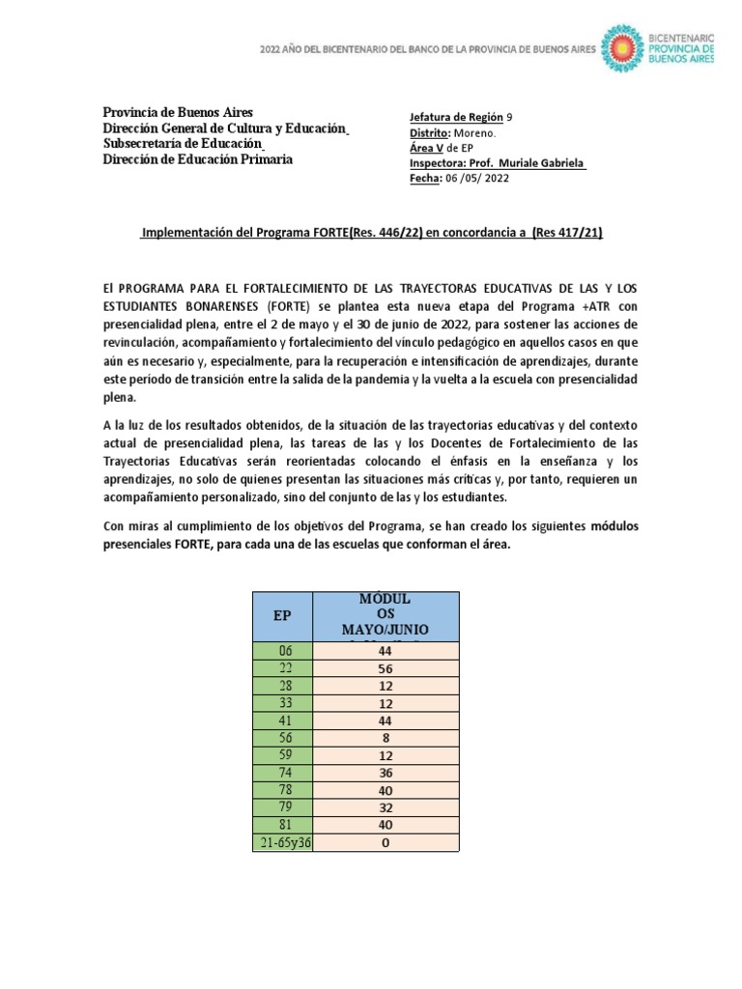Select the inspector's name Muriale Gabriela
pos(547,162)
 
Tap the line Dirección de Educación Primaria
pos(198,159)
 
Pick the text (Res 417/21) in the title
pos(570,233)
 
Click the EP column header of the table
pos(282,615)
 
